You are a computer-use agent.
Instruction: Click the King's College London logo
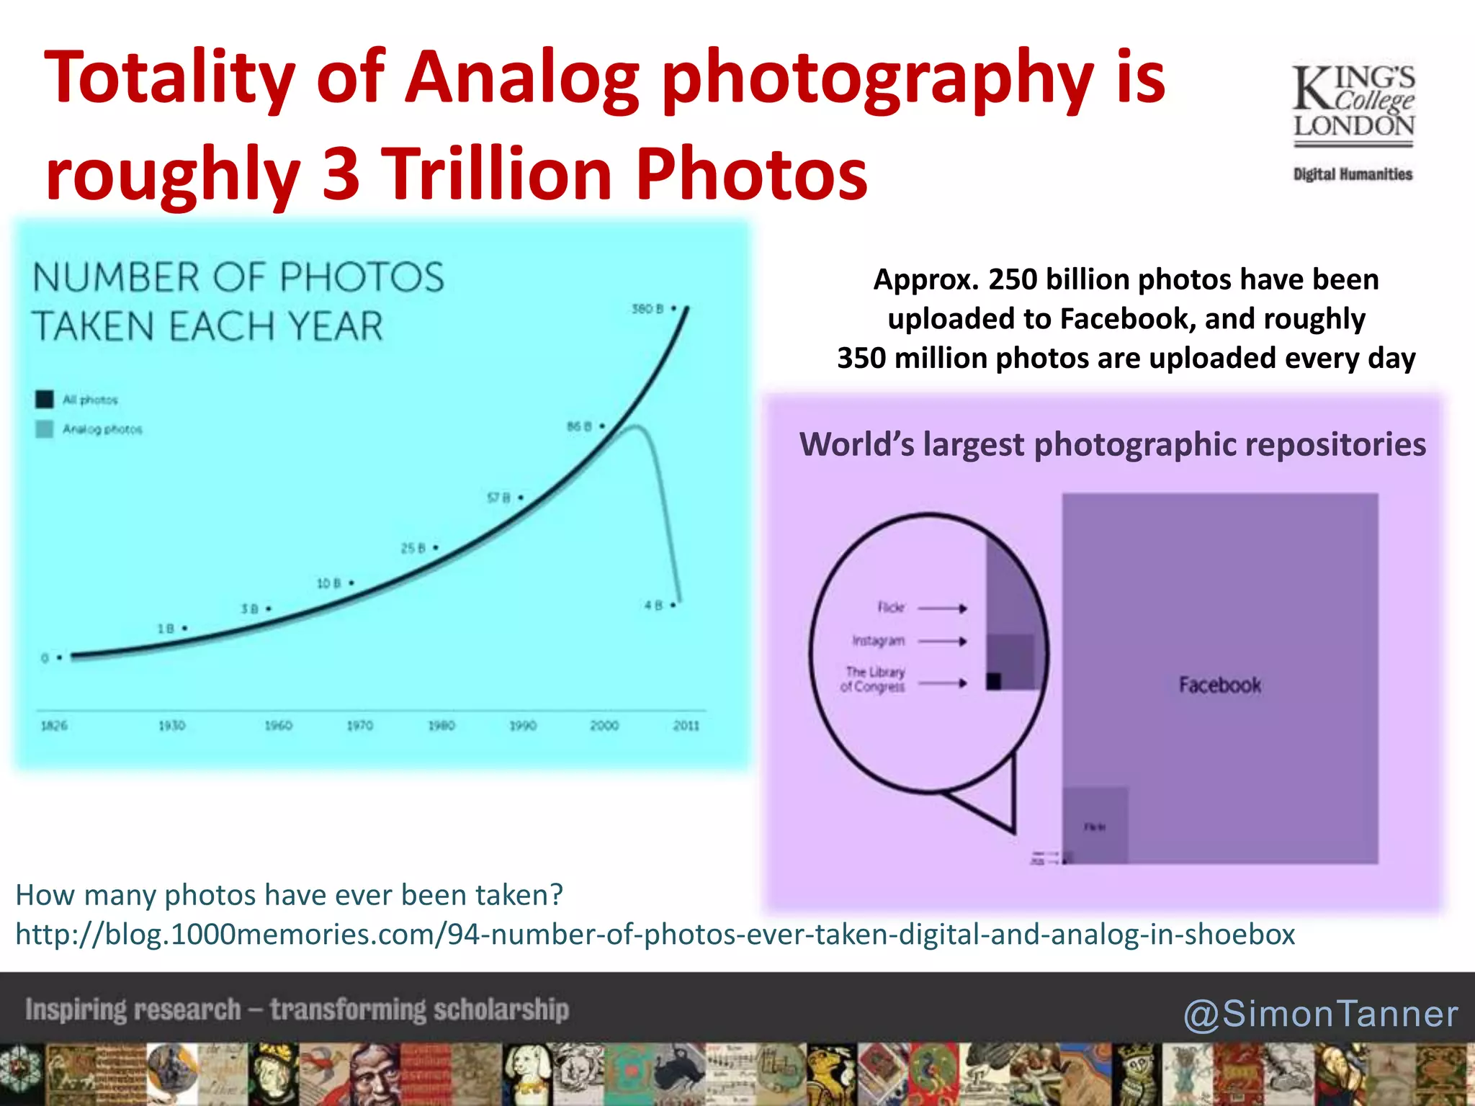click(x=1353, y=104)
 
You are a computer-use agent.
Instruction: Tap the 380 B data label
click(x=647, y=309)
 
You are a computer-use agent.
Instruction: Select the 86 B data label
click(x=579, y=426)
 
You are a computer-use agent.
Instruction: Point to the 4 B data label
click(x=653, y=606)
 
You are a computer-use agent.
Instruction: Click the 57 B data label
click(x=498, y=498)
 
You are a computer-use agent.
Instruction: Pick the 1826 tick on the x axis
click(x=54, y=725)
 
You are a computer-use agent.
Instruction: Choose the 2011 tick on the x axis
click(x=686, y=725)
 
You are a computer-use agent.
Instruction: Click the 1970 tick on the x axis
click(x=359, y=725)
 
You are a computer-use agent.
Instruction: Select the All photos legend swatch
click(x=45, y=399)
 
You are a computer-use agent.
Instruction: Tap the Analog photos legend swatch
click(x=45, y=429)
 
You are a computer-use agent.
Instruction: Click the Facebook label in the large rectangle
click(x=1219, y=685)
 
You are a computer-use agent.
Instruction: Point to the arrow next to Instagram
click(x=942, y=641)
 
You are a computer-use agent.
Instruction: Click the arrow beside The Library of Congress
click(x=942, y=683)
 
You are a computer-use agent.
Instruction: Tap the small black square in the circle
click(x=994, y=680)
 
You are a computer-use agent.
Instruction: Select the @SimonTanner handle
click(x=1321, y=1014)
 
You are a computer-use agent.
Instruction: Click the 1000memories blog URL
click(x=655, y=934)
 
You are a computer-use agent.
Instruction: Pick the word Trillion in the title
click(x=496, y=174)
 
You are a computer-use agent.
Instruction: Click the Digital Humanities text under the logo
click(x=1353, y=174)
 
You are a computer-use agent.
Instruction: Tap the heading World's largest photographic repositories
click(x=1112, y=444)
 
